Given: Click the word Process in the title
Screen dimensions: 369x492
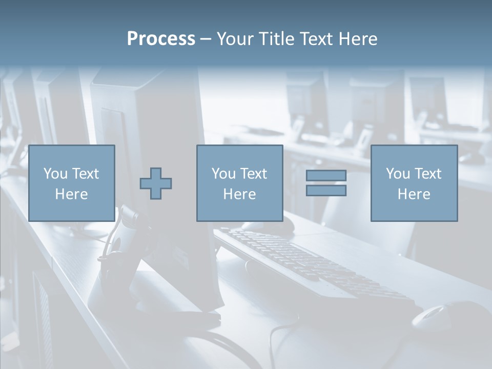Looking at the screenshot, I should point(161,39).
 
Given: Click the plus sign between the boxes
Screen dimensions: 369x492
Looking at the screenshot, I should point(156,183).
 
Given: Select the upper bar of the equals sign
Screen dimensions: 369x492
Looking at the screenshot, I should point(326,175).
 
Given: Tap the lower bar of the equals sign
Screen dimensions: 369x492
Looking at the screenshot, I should point(326,190).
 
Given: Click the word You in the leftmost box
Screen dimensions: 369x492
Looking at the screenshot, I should point(56,174).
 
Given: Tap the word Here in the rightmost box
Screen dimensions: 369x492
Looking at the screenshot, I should point(414,194).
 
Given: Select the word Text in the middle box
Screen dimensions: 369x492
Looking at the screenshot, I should point(253,174).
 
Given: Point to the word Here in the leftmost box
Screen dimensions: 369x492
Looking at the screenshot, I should point(71,194).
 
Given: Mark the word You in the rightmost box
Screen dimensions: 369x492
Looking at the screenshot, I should point(398,174).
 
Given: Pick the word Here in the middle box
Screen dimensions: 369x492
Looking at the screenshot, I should point(239,194).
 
